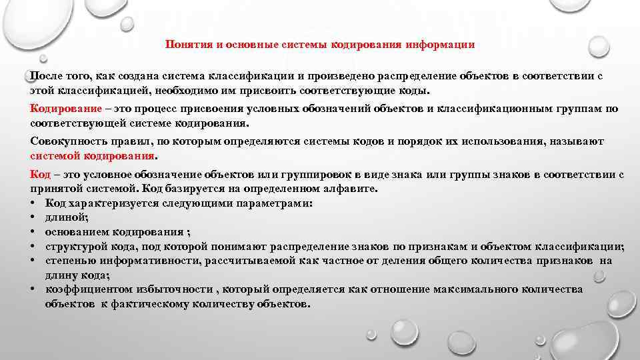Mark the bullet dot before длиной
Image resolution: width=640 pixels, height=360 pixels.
(x=33, y=217)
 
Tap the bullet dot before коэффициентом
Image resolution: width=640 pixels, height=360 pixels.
(x=33, y=290)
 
